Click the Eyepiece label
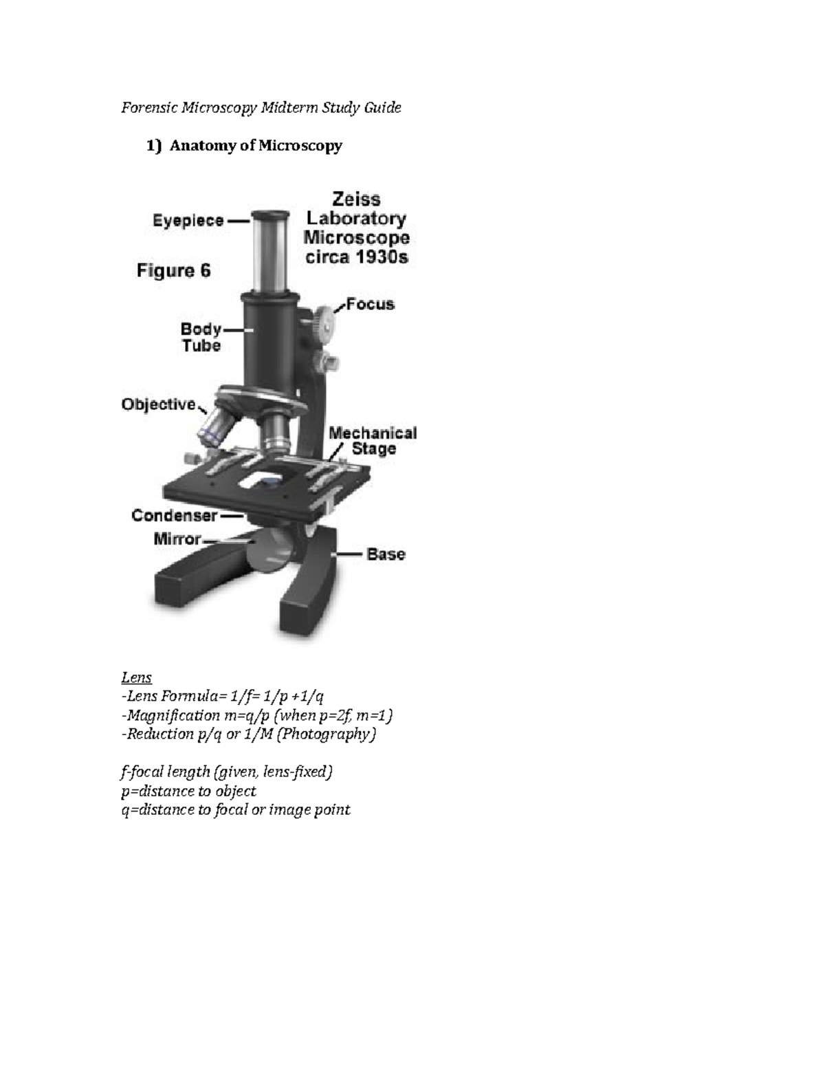(188, 221)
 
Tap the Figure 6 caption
(173, 271)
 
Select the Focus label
(370, 304)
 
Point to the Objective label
(159, 404)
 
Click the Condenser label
(175, 515)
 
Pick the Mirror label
(177, 539)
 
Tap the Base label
(386, 554)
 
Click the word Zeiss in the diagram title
(356, 199)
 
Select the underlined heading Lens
(136, 677)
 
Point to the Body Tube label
(201, 337)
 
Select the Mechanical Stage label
(373, 441)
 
